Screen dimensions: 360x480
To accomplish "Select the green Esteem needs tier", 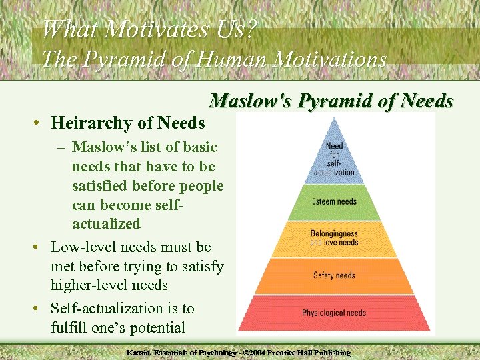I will [334, 201].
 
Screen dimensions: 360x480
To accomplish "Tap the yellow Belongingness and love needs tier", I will [334, 238].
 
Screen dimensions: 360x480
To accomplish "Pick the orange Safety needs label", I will [334, 275].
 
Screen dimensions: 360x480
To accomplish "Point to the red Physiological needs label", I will [334, 313].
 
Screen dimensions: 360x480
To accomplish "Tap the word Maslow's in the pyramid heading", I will [250, 101].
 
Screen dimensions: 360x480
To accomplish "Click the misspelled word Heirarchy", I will [91, 123].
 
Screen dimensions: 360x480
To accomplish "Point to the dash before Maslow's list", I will [61, 147].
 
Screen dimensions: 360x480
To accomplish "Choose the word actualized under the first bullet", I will [106, 223].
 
